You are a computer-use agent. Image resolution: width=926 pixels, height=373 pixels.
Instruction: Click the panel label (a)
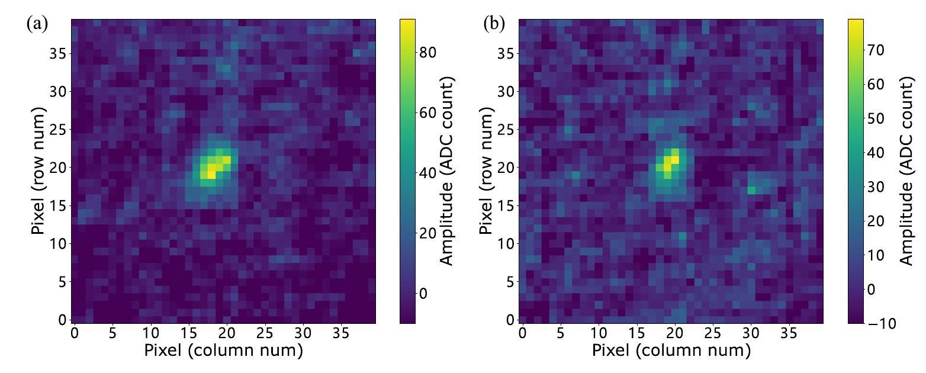point(37,24)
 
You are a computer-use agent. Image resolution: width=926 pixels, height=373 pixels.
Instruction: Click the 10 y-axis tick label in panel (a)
point(57,243)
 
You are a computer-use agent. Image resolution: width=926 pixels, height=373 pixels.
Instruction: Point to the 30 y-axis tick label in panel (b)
point(505,92)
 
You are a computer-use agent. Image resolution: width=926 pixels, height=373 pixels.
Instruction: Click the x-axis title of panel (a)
point(223,351)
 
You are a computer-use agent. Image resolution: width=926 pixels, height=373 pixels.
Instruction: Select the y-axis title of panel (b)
point(487,171)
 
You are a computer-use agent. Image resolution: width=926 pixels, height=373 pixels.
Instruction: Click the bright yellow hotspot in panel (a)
point(211,171)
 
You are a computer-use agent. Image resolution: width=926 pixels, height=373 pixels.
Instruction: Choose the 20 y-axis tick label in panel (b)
point(505,168)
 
